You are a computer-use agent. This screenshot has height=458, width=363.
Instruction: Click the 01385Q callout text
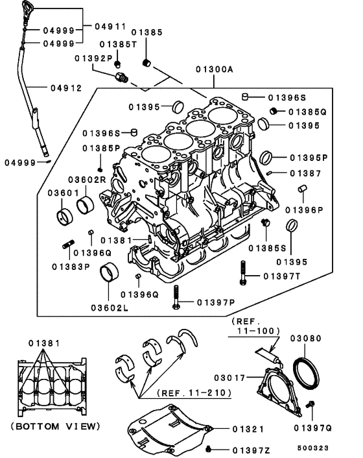click(307, 112)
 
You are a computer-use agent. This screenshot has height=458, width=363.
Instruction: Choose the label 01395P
click(309, 158)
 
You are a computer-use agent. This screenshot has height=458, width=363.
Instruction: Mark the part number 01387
click(305, 173)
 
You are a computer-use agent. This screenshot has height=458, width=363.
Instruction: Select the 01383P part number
click(71, 267)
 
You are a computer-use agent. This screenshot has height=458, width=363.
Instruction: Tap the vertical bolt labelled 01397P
click(175, 298)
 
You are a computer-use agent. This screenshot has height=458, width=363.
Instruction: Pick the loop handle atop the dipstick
click(27, 13)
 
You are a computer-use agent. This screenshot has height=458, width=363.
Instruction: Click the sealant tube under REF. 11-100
click(267, 354)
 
